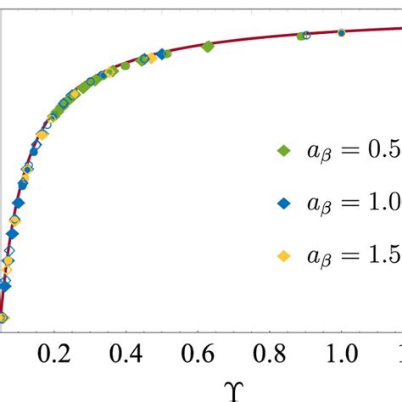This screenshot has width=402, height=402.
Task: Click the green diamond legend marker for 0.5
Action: coord(285,150)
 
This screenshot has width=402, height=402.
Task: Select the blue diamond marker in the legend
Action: coord(285,203)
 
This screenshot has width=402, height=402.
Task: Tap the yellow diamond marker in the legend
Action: coord(285,255)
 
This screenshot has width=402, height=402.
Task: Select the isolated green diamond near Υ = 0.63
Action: coord(209,47)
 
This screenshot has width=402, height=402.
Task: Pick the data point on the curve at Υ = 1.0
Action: coord(341,33)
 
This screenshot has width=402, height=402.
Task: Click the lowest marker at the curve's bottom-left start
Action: coord(3,318)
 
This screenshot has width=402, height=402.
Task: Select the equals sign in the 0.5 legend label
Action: coord(351,150)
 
